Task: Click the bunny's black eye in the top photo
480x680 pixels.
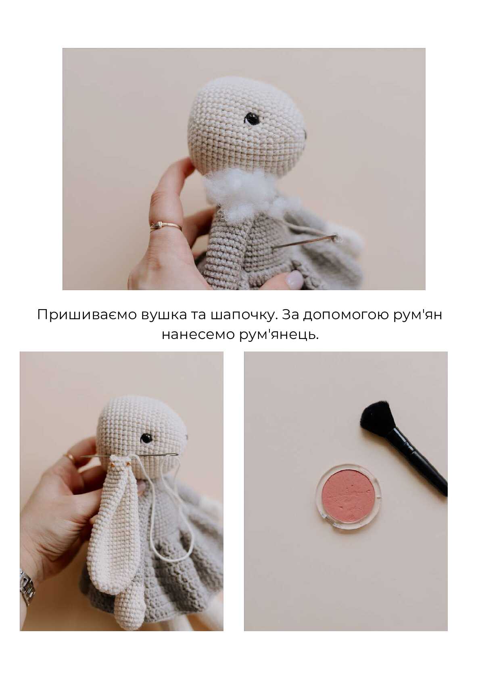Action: click(x=252, y=118)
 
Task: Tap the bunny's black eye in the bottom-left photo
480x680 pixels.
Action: click(x=146, y=438)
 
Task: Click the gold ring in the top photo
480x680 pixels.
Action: click(x=165, y=226)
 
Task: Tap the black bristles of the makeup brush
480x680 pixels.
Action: click(x=376, y=415)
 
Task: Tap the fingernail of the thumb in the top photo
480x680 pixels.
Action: click(x=294, y=279)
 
